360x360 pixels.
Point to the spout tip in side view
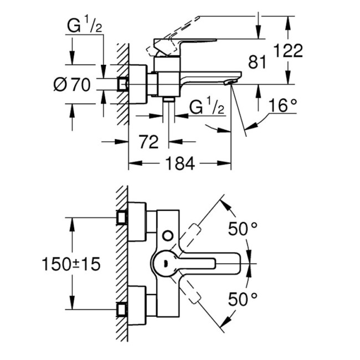(x=228, y=82)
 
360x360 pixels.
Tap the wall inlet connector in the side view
(x=124, y=84)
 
